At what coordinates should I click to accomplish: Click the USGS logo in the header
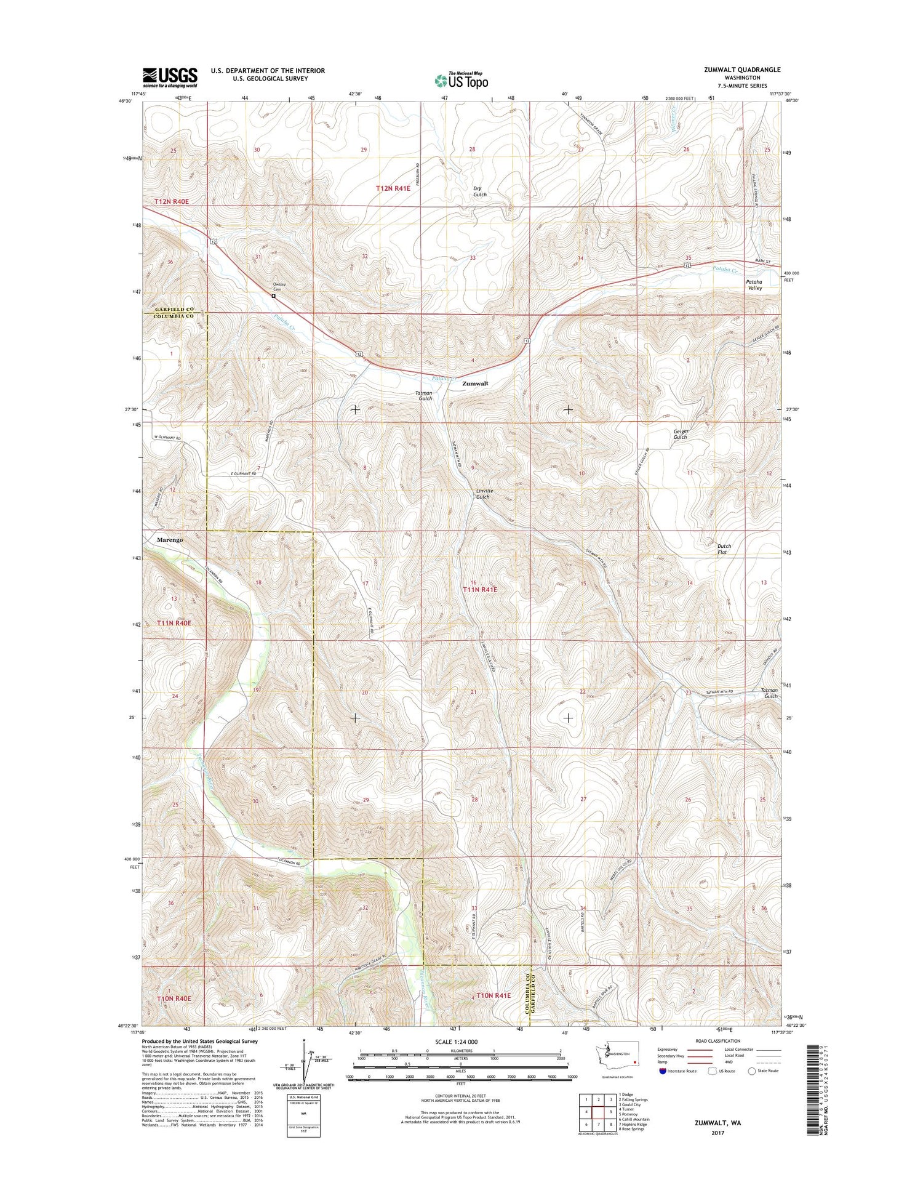click(170, 78)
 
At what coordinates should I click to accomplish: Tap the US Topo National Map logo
click(461, 80)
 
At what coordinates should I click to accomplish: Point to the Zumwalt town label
click(475, 384)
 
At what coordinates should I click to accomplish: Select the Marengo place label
click(170, 540)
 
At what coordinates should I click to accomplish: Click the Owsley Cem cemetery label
click(279, 286)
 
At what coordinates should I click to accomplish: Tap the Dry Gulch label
click(480, 191)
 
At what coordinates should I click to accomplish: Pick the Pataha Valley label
click(754, 284)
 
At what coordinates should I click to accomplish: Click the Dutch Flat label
click(724, 549)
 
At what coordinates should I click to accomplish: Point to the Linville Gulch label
click(484, 494)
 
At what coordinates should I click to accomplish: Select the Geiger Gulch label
click(681, 434)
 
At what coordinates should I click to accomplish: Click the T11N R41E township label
click(479, 590)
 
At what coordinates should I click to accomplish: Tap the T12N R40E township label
click(172, 201)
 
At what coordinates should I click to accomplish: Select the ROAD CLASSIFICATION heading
click(718, 1041)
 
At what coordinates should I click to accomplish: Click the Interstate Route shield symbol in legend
click(662, 1071)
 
